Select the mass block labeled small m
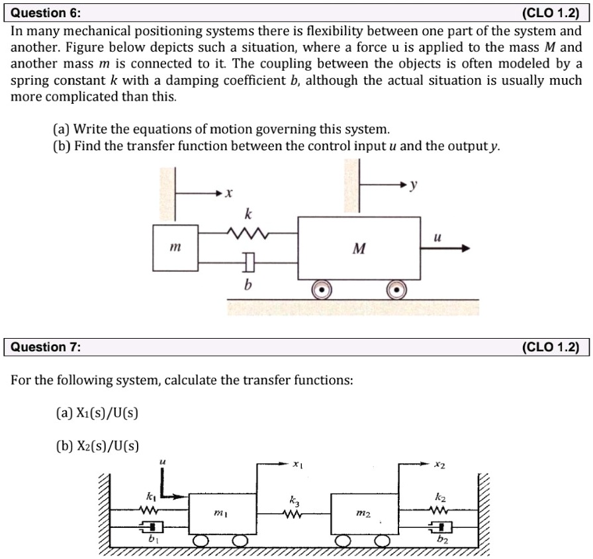pos(175,248)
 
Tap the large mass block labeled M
pos(359,248)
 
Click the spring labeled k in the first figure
pos(247,234)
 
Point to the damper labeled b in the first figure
pos(248,263)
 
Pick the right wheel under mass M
pos(396,289)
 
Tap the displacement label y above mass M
pos(414,186)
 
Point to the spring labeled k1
pos(150,510)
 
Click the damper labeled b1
pos(151,527)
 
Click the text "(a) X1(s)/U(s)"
pos(97,413)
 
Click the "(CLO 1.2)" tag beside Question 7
pos(550,347)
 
